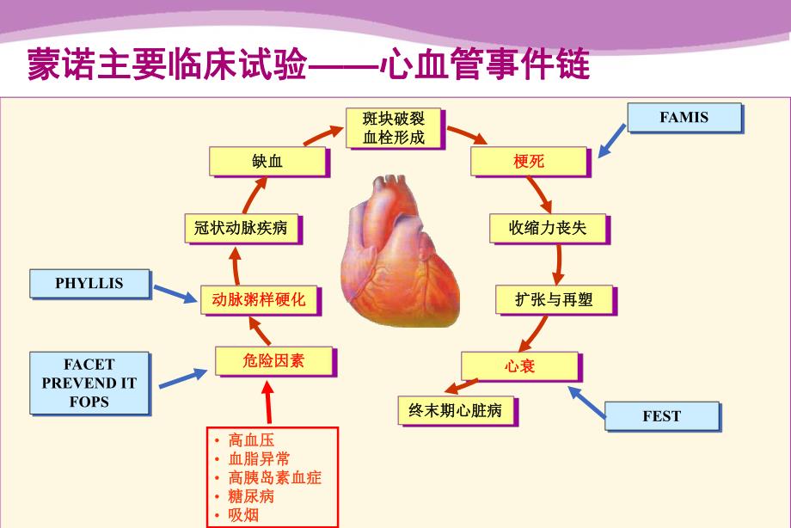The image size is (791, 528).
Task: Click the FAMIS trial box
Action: [684, 117]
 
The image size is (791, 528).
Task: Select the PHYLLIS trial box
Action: [89, 283]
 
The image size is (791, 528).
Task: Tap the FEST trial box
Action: [661, 415]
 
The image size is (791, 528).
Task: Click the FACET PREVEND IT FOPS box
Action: [89, 383]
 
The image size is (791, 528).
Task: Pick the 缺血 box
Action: [267, 161]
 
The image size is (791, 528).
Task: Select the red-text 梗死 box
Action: [529, 161]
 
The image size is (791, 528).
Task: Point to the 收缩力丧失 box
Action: [548, 228]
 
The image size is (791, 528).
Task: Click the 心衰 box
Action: [520, 365]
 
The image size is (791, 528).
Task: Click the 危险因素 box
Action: [273, 361]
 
